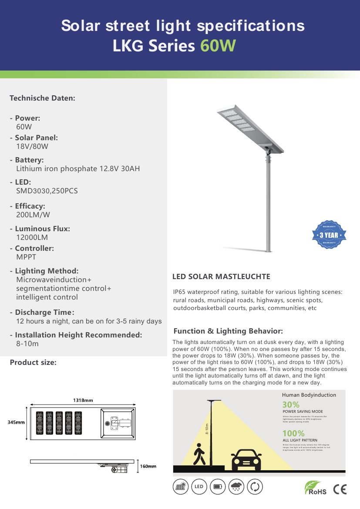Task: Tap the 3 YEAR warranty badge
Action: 329,235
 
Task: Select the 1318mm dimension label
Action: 82,400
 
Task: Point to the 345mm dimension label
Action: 16,422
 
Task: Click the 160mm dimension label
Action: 148,466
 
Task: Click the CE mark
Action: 340,489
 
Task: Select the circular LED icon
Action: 199,487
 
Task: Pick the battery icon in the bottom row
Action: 217,487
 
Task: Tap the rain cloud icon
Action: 236,487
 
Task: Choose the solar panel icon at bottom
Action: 180,487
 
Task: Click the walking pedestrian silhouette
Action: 200,455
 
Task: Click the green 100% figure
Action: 293,433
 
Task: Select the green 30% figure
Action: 291,405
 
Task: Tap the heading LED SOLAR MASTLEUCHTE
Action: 221,276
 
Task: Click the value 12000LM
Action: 32,238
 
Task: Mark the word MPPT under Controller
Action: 26,257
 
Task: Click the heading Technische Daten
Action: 43,98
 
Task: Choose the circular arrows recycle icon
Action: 255,487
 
